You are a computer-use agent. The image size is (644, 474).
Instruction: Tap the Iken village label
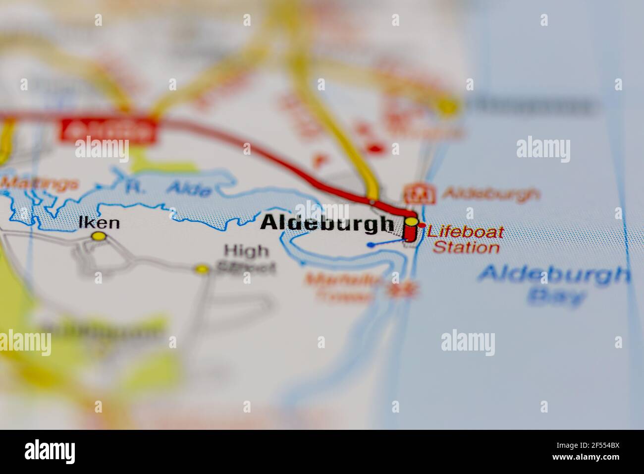click(99, 223)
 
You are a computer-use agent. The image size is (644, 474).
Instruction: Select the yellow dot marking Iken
click(100, 237)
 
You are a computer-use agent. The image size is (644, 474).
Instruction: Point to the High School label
click(246, 259)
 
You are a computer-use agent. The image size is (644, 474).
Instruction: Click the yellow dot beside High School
click(202, 269)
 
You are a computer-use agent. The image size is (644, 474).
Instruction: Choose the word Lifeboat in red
click(465, 232)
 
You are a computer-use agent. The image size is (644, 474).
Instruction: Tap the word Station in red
click(466, 247)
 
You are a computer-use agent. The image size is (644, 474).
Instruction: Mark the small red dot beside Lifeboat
click(422, 226)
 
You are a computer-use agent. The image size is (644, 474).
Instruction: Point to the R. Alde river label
click(168, 188)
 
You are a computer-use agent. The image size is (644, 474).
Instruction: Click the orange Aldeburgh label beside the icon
click(490, 194)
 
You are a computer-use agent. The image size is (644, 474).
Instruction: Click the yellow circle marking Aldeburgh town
click(412, 221)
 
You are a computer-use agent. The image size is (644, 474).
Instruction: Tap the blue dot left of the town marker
click(371, 244)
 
